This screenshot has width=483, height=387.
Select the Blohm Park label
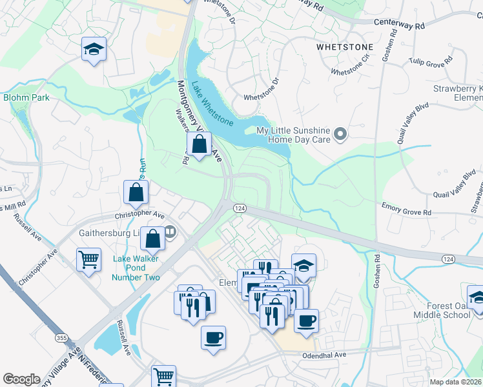coord(26,97)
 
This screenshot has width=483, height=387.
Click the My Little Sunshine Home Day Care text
coord(294,135)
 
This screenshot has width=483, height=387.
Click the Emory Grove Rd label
coord(406,210)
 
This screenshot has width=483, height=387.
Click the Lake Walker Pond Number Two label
coord(136,268)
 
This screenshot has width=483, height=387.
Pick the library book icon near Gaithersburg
coord(170,231)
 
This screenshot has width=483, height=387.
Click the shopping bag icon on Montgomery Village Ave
coord(200,145)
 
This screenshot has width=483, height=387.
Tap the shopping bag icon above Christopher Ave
coord(136,192)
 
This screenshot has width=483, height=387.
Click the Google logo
coord(21,379)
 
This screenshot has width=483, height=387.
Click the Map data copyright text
coord(456,382)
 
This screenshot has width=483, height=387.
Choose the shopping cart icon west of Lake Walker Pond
coord(88,260)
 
